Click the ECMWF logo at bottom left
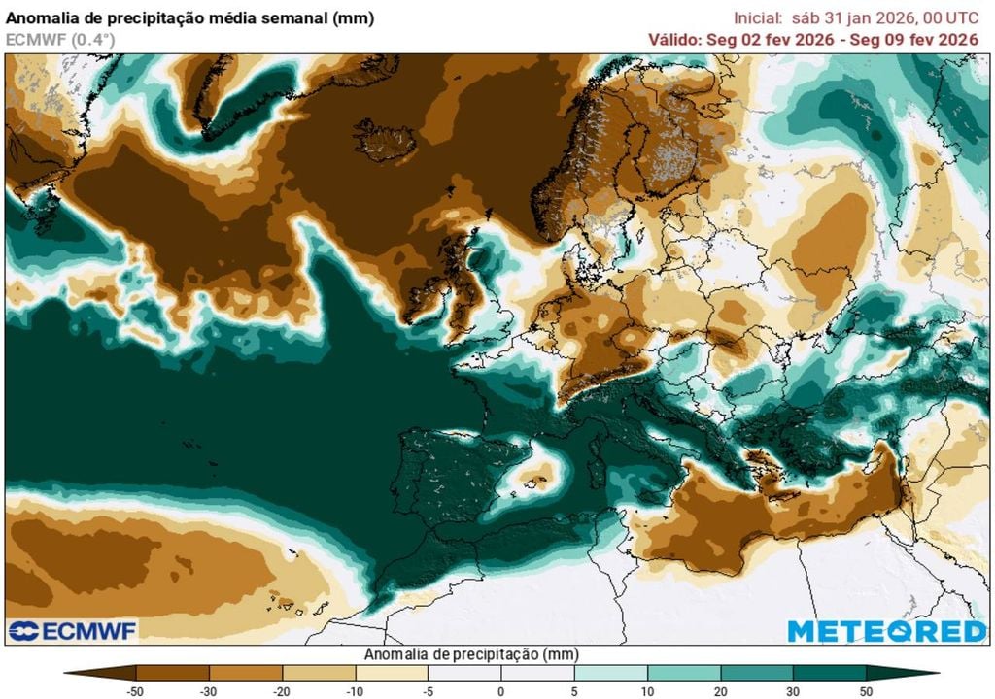(x=73, y=631)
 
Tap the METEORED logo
(x=886, y=631)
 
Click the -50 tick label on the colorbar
(x=136, y=690)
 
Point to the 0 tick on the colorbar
(x=500, y=690)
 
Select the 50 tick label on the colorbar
(x=866, y=690)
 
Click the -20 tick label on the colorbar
(x=282, y=690)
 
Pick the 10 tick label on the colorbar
(x=647, y=690)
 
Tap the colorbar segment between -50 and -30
(x=173, y=672)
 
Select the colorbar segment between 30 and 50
(x=829, y=672)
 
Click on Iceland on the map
(x=386, y=141)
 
